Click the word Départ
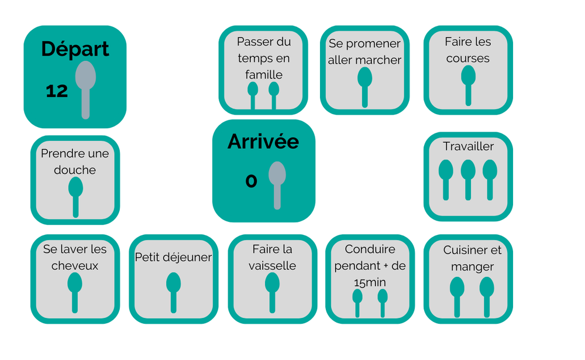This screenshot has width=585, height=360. [75, 49]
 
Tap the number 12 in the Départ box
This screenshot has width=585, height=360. [57, 91]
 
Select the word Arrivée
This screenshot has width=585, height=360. [263, 142]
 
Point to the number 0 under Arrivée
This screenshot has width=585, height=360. [251, 181]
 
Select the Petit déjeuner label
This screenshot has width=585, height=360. [173, 257]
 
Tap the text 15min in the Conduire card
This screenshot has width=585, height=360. [370, 282]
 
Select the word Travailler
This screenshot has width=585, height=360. [468, 146]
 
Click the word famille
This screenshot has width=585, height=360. [263, 74]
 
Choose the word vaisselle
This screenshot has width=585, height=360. [272, 266]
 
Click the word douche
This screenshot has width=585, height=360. [75, 170]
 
